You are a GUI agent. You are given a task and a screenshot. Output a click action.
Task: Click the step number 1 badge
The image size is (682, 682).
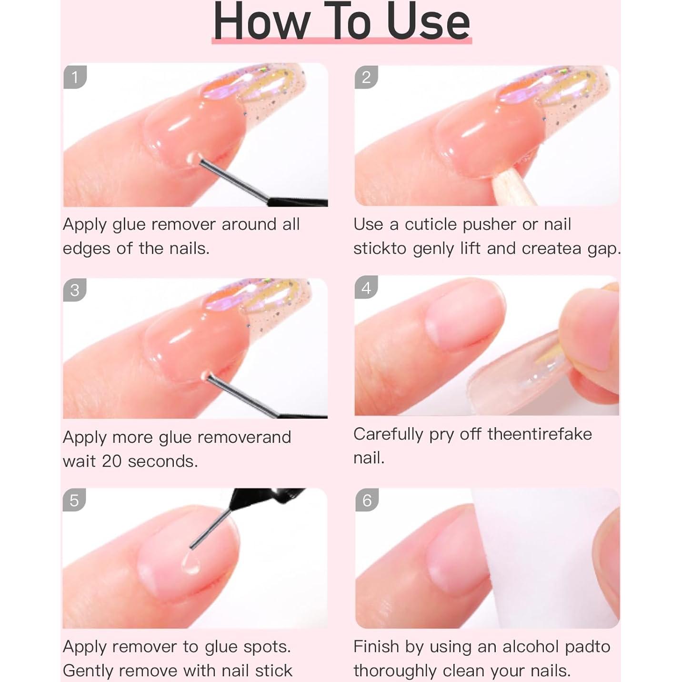[x=75, y=77]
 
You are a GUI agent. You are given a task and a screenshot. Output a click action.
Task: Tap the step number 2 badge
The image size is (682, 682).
[x=366, y=77]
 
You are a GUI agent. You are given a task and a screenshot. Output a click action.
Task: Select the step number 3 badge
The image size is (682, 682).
[x=75, y=290]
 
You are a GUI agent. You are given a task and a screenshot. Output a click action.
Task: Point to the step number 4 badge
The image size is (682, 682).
[x=366, y=288]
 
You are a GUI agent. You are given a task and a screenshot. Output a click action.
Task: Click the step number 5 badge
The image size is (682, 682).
[x=74, y=500]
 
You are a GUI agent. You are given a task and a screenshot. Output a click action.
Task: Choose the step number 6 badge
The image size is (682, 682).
[x=367, y=500]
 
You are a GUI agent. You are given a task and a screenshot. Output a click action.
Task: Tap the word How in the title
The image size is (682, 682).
[x=261, y=22]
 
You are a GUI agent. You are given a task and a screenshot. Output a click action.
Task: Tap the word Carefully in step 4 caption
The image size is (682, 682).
[x=388, y=434]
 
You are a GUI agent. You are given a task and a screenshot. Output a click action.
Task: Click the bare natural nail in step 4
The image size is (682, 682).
[x=464, y=319]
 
